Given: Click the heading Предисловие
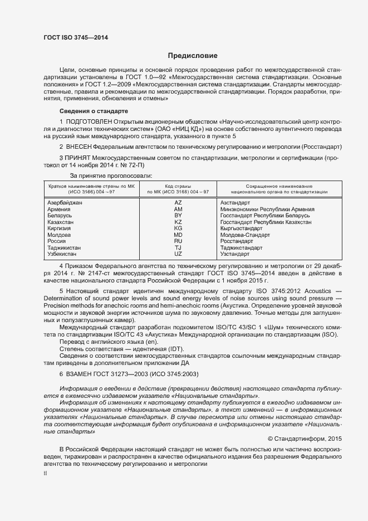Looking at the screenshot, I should click(x=193, y=56).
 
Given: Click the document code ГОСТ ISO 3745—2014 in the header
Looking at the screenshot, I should click(x=76, y=37).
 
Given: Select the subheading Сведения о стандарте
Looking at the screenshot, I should click(x=94, y=111).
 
